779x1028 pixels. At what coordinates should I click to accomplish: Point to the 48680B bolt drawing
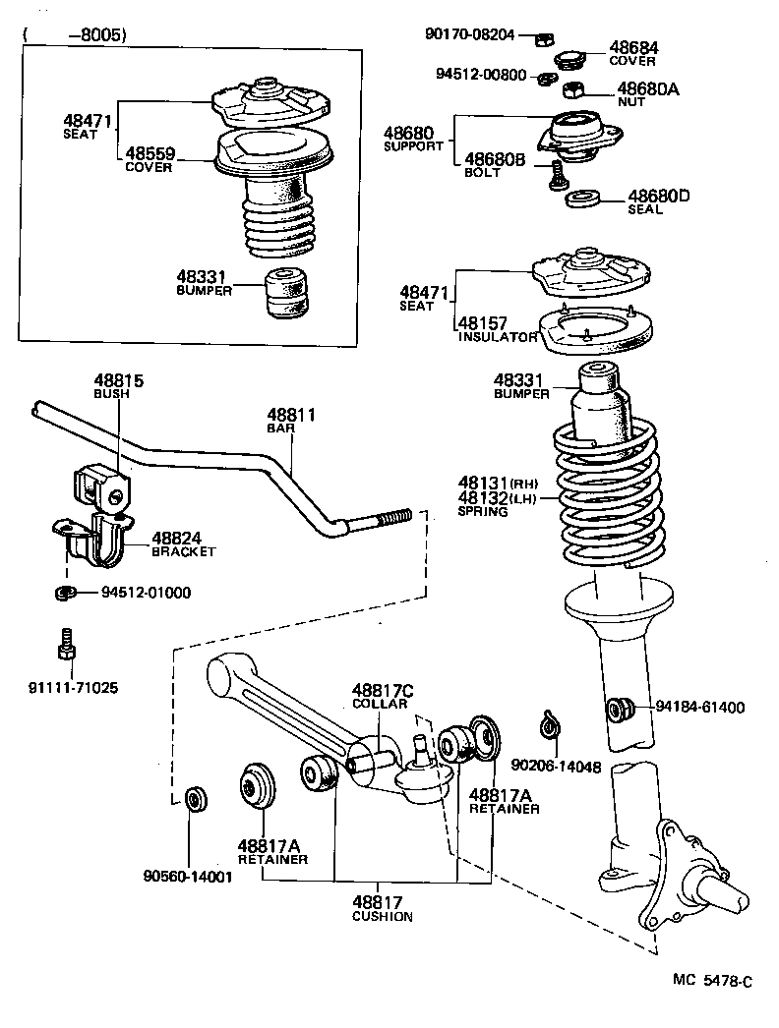coord(557,178)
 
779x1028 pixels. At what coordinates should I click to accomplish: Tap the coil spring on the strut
coord(600,491)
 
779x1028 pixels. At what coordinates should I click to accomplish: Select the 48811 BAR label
coord(292,421)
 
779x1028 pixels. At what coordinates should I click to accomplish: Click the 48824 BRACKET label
coord(183,543)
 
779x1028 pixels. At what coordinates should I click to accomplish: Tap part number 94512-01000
coord(146,593)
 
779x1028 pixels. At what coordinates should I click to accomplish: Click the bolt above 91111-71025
coord(66,645)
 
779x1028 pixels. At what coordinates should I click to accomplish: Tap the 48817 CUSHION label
coord(382,908)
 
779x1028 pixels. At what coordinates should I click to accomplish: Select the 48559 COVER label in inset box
coord(148,160)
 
